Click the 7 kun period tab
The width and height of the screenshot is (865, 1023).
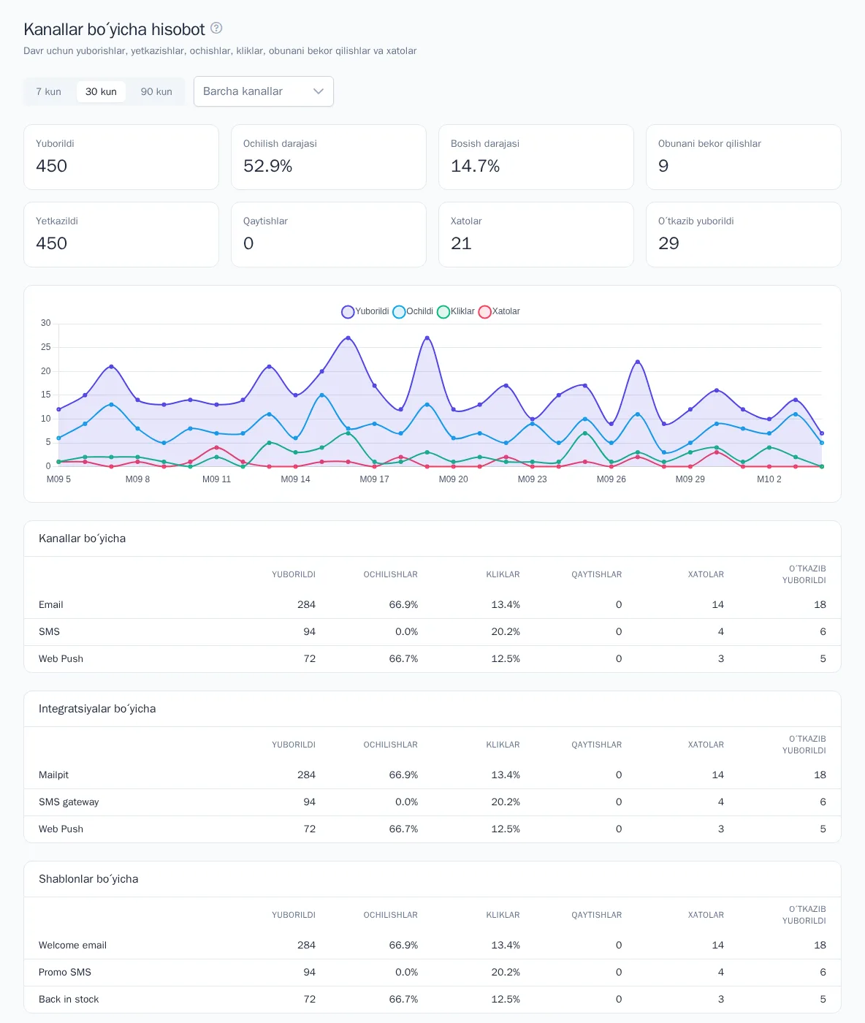click(x=48, y=91)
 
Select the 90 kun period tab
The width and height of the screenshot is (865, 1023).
click(x=156, y=91)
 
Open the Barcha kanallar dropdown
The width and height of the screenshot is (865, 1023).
click(x=263, y=91)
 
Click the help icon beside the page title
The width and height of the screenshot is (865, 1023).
click(x=216, y=28)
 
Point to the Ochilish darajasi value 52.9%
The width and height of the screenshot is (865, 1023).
click(x=267, y=166)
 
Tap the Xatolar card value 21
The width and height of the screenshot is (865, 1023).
click(x=461, y=243)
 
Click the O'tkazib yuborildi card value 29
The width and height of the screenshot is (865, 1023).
click(x=668, y=243)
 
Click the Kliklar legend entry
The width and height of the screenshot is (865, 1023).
click(x=456, y=311)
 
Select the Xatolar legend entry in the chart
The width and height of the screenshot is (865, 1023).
click(x=499, y=311)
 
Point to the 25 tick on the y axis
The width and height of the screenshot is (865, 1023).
click(x=45, y=347)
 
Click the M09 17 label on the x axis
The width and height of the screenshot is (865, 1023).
click(x=374, y=479)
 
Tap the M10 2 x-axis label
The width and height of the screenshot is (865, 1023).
click(x=769, y=479)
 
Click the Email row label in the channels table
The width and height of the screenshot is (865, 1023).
click(x=51, y=604)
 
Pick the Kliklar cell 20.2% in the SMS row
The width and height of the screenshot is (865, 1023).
click(x=506, y=631)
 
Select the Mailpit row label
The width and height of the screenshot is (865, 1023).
click(x=53, y=775)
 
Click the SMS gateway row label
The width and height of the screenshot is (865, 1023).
click(x=69, y=802)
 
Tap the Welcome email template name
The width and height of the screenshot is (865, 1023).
click(x=73, y=945)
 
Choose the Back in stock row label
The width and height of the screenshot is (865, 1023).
click(x=69, y=999)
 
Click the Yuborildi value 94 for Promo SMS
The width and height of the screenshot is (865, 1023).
click(x=309, y=972)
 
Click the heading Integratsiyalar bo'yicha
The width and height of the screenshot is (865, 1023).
click(x=97, y=709)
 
